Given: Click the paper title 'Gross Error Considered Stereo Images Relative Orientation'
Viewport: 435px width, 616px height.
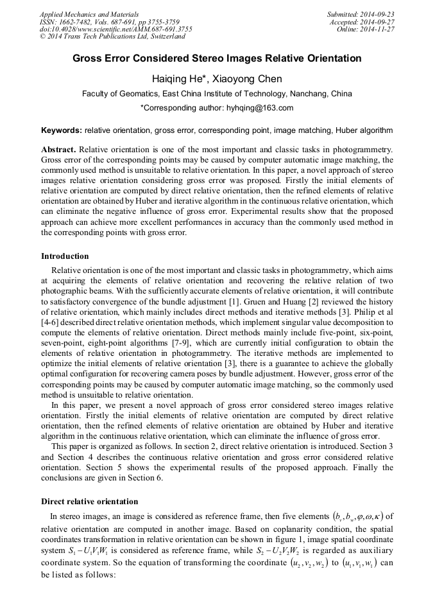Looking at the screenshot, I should pos(217,58).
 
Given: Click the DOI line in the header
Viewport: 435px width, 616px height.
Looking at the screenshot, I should pos(115,29).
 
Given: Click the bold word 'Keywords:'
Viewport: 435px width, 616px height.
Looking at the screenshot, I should pos(62,130).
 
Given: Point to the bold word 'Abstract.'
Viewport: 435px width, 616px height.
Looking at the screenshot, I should pos(58,149).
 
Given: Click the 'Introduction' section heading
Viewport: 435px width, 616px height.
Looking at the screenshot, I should pos(65,256).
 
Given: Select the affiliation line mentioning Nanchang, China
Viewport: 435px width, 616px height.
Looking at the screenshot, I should pos(217,93).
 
